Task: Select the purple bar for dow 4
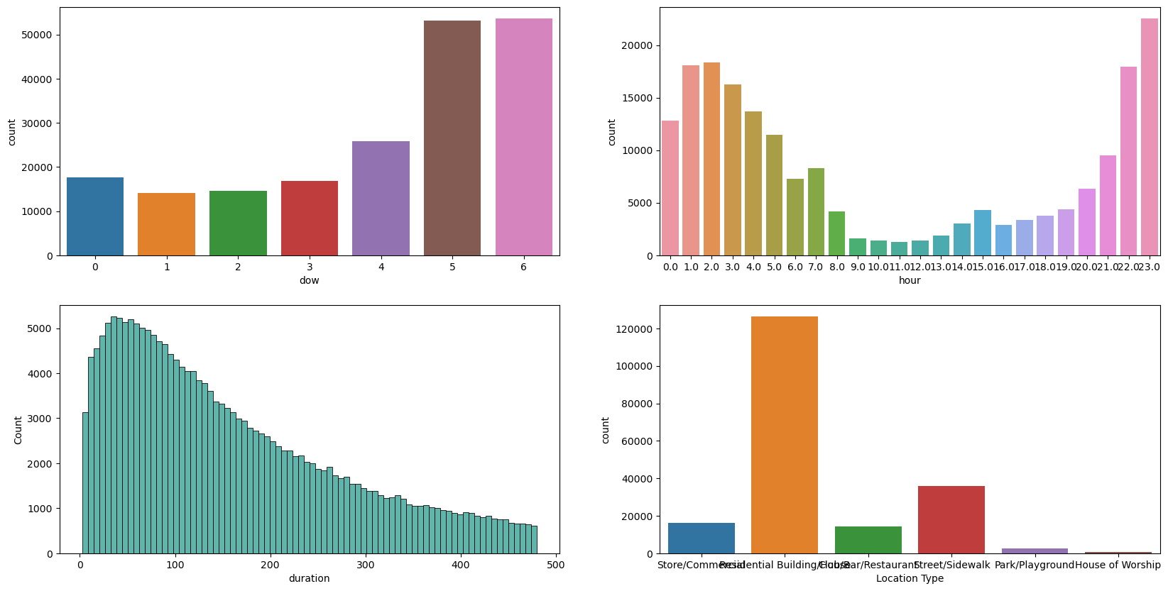coord(381,199)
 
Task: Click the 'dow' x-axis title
coord(309,281)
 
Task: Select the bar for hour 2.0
coord(711,159)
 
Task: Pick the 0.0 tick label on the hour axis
coord(670,267)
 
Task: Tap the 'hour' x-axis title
coord(910,281)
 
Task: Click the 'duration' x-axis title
coord(309,579)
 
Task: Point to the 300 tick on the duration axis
coord(366,565)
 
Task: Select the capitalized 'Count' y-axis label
coord(18,430)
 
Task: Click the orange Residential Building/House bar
coord(785,435)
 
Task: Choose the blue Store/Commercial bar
coord(702,538)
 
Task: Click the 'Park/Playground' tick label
coord(1034,565)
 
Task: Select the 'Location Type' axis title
coord(910,579)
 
